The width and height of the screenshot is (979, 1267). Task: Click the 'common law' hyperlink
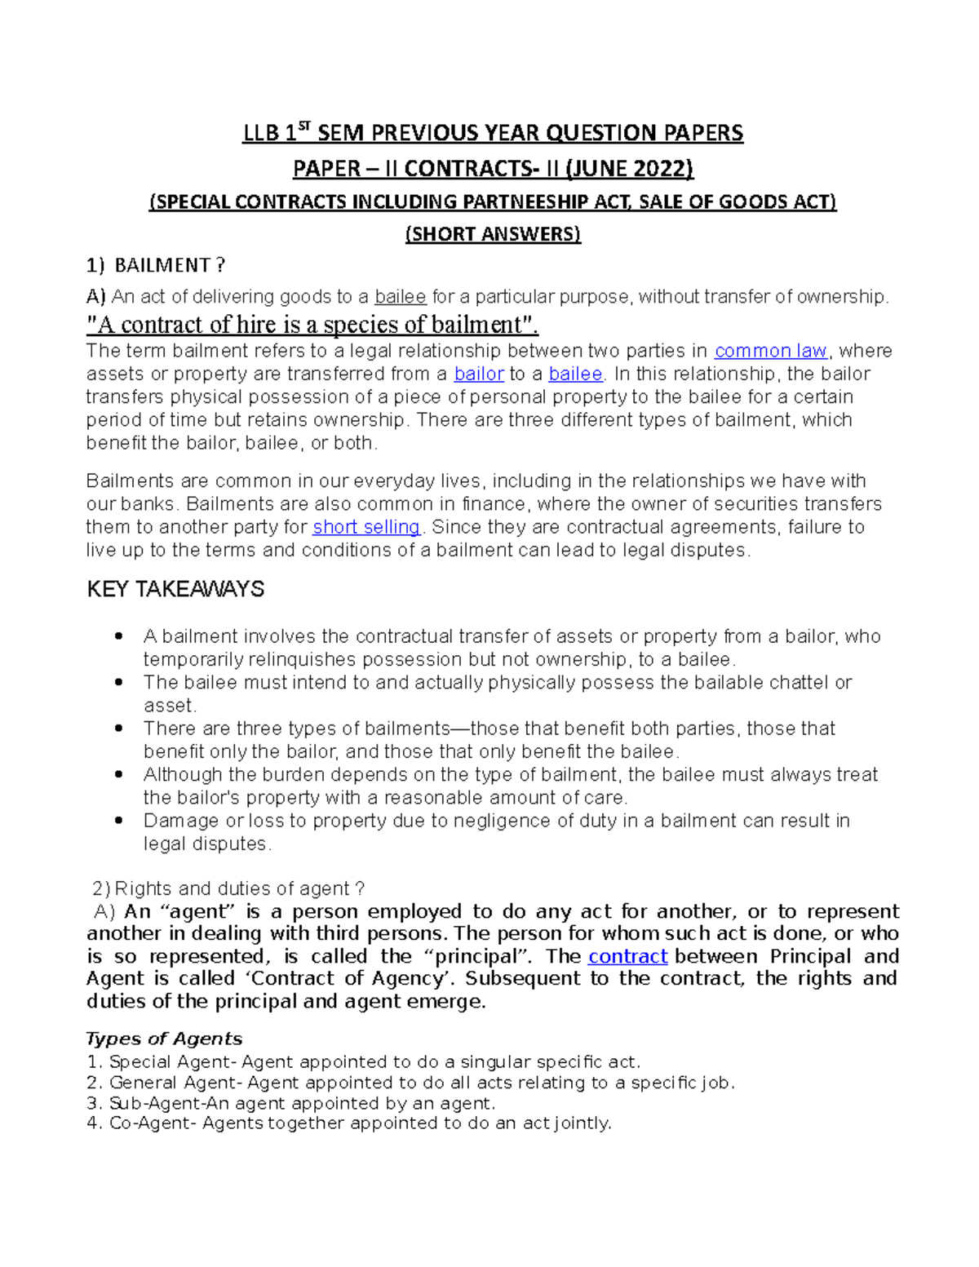[771, 351]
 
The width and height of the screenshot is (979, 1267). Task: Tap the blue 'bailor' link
[479, 374]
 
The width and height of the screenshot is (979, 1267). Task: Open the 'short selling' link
[366, 527]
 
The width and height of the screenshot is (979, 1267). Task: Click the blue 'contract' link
[627, 956]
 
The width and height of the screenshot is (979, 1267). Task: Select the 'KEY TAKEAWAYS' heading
[175, 589]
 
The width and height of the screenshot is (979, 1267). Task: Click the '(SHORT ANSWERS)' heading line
[493, 234]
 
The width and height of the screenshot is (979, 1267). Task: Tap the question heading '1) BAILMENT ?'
[156, 265]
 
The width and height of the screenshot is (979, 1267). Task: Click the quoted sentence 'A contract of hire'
[312, 325]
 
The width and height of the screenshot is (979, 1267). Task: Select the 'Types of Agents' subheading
[164, 1039]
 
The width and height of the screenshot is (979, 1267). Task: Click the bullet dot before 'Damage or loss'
[120, 821]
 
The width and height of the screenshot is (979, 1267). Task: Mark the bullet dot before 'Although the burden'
[120, 774]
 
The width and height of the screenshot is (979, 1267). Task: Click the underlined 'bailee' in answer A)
[400, 297]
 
